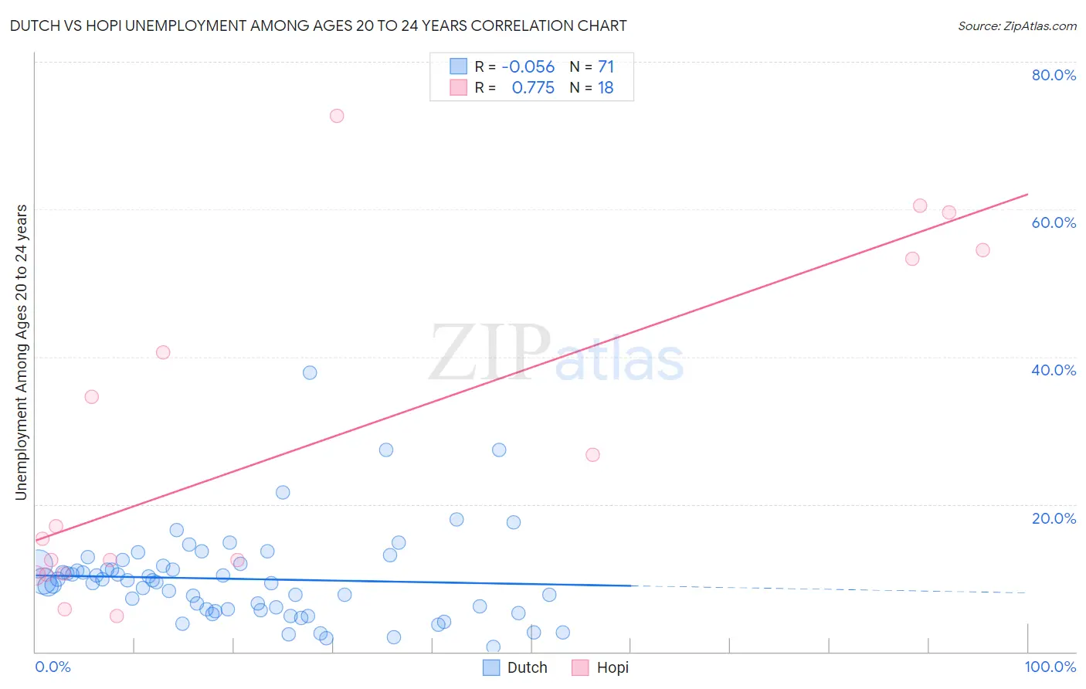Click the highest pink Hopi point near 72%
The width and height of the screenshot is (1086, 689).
click(337, 116)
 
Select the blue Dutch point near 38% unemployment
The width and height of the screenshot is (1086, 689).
click(310, 372)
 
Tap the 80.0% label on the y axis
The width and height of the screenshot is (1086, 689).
click(1054, 75)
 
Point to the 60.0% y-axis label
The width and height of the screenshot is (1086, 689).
click(1054, 222)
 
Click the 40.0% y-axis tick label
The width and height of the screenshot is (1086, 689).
click(1054, 370)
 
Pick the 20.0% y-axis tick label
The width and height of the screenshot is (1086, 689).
click(1054, 518)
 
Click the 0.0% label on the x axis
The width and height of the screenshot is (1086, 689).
click(53, 667)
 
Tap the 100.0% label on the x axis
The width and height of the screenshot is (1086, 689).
click(1050, 667)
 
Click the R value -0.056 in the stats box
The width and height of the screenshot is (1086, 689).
click(528, 67)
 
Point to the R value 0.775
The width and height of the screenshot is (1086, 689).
click(533, 88)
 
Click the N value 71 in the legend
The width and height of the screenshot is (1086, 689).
click(606, 67)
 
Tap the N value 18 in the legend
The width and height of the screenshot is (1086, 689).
click(606, 88)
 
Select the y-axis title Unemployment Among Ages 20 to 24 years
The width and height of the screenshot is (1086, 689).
click(22, 352)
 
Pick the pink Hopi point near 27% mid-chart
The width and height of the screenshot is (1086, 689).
click(592, 454)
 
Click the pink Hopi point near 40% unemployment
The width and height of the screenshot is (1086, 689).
click(163, 352)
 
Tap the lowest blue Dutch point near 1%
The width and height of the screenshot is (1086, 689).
click(493, 647)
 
